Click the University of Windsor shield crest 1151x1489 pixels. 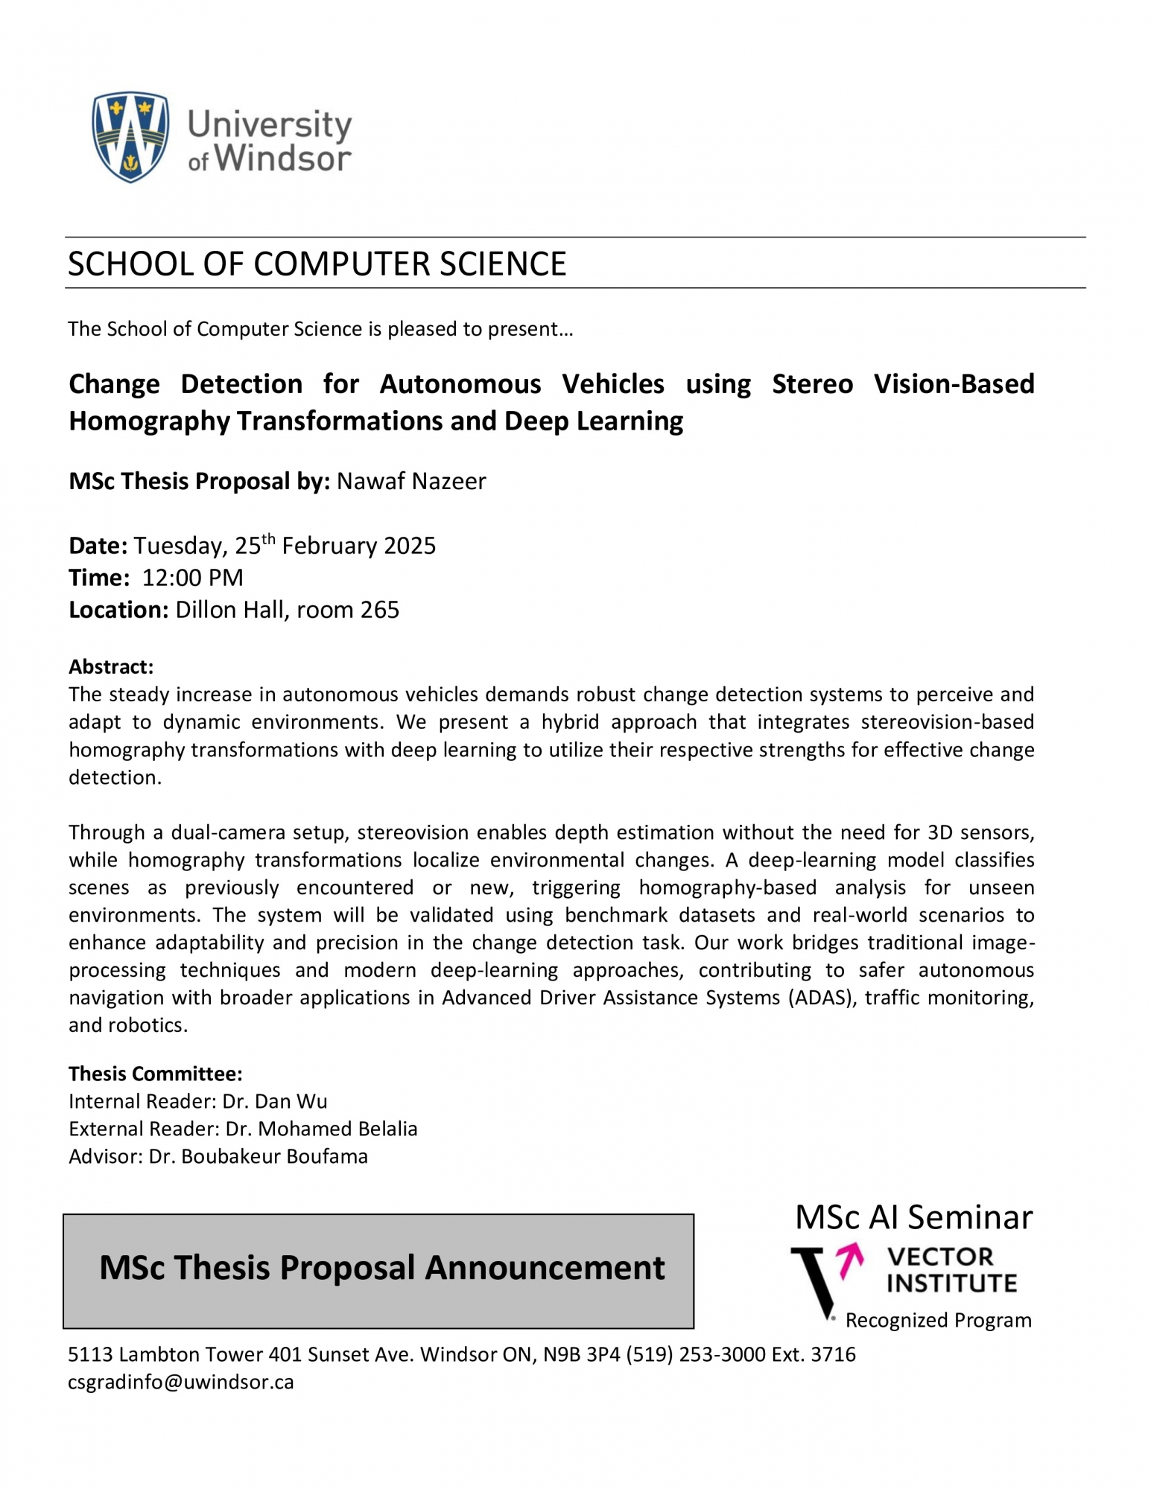click(x=130, y=137)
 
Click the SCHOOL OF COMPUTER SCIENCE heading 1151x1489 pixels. click(x=317, y=264)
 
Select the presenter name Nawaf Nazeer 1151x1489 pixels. click(x=411, y=482)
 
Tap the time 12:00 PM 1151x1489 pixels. click(x=193, y=578)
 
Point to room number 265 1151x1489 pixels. click(x=380, y=610)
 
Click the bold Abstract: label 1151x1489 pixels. click(x=111, y=666)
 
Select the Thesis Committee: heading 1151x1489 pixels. click(x=156, y=1074)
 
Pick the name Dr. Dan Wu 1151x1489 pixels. click(x=275, y=1101)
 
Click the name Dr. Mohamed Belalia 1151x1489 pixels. click(x=321, y=1129)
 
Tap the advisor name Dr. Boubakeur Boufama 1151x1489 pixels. click(x=258, y=1156)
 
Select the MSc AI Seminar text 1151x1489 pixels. click(x=913, y=1217)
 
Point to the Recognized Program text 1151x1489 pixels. click(x=938, y=1320)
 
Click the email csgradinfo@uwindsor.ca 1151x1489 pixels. click(x=181, y=1382)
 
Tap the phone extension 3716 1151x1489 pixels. click(x=833, y=1354)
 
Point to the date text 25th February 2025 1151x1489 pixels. click(x=335, y=545)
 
